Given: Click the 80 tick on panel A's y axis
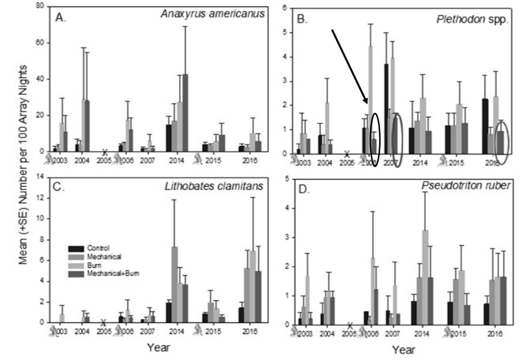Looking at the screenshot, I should pyautogui.click(x=41, y=6).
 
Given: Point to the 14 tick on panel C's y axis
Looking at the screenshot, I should pyautogui.click(x=41, y=178).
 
